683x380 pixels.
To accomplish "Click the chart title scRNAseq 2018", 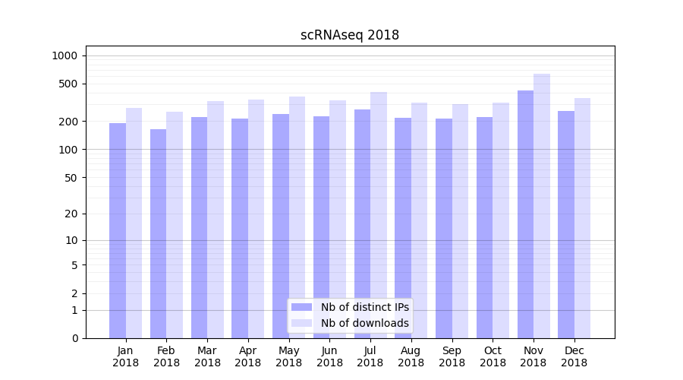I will (350, 35).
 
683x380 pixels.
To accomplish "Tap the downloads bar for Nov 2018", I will (542, 206).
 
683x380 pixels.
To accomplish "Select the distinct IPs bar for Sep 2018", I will (444, 228).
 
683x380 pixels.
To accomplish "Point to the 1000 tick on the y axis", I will (65, 55).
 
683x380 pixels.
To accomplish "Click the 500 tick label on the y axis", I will (68, 84).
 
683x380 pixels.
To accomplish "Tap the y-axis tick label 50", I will (71, 178).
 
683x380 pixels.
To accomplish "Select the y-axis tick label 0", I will (74, 338).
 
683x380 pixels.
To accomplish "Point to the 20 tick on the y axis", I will (71, 214).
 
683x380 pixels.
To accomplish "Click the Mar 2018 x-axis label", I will (207, 356).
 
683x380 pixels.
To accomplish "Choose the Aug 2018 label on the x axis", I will (411, 356).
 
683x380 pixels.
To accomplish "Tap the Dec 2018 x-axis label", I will (574, 356).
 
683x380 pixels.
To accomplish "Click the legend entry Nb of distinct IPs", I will (364, 307).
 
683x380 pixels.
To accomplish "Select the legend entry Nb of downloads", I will (364, 323).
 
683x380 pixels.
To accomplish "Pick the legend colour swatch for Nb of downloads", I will (301, 323).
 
